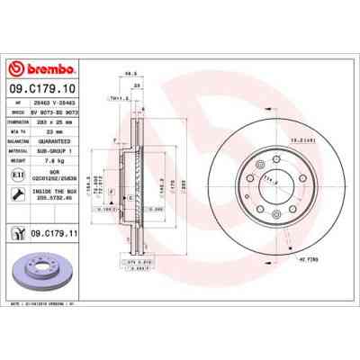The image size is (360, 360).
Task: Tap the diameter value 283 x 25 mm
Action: (x=63, y=121)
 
